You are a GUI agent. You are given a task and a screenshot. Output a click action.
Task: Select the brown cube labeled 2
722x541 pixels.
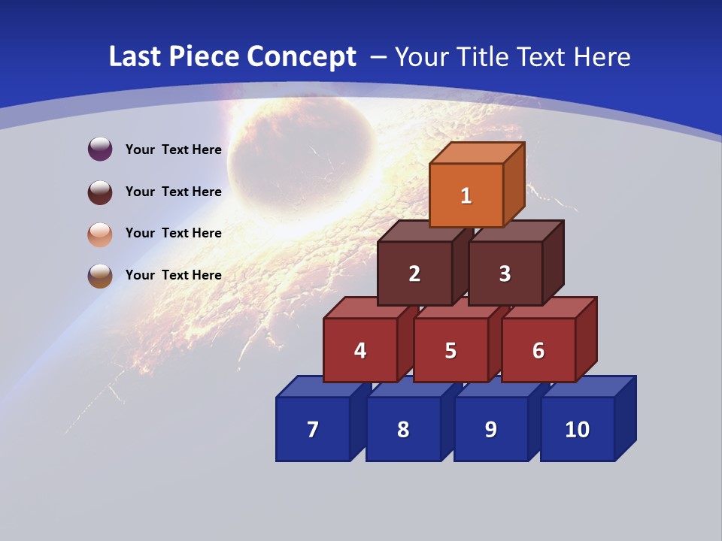pos(414,274)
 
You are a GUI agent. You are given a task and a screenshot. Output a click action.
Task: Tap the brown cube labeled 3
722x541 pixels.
pos(505,274)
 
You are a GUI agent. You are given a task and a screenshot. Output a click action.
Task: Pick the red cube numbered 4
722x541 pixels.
pos(360,350)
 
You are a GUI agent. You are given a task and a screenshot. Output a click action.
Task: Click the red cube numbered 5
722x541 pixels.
pos(450,350)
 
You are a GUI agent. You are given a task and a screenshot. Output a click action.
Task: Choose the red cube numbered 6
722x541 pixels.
pos(538,350)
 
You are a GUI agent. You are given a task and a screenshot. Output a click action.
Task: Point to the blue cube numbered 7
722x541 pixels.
pos(313,429)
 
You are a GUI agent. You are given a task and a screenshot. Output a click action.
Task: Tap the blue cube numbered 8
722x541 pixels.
pos(403,429)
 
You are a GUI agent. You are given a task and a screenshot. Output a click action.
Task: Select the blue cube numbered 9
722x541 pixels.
pos(490,429)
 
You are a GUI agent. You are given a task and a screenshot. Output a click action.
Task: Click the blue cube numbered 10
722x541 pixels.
pos(577,429)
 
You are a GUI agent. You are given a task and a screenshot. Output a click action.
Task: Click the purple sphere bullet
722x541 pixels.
pos(100,150)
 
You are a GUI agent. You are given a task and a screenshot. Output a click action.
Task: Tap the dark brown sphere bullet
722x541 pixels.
pos(100,192)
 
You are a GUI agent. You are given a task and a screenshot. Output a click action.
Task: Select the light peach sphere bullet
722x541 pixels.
pos(100,234)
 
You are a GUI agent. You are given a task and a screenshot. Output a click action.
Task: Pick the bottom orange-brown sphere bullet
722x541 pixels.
pos(100,275)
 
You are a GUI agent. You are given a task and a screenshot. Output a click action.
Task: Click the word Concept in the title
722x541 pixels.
pos(301,57)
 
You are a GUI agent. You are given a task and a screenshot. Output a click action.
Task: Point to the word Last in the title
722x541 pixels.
pos(135,57)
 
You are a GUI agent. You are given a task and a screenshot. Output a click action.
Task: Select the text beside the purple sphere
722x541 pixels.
pos(173,150)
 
